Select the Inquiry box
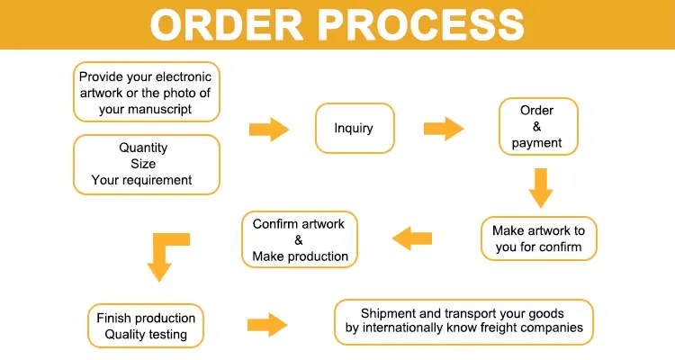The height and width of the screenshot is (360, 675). click(354, 127)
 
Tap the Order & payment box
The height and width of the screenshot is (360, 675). click(537, 127)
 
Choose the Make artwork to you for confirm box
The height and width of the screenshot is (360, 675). click(538, 238)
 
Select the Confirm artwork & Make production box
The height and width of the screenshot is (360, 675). click(300, 239)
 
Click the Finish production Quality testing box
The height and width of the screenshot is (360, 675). click(146, 326)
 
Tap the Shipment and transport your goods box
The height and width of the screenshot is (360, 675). click(463, 321)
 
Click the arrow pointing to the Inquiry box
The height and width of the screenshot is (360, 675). click(268, 129)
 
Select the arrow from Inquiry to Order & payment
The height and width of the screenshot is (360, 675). click(443, 128)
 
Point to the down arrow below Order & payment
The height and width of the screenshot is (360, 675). click(539, 186)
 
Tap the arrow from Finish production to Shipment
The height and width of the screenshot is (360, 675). click(266, 324)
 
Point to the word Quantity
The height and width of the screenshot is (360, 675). click(143, 148)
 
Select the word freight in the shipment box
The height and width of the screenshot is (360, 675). click(474, 328)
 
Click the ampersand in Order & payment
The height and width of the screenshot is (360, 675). click(536, 127)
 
